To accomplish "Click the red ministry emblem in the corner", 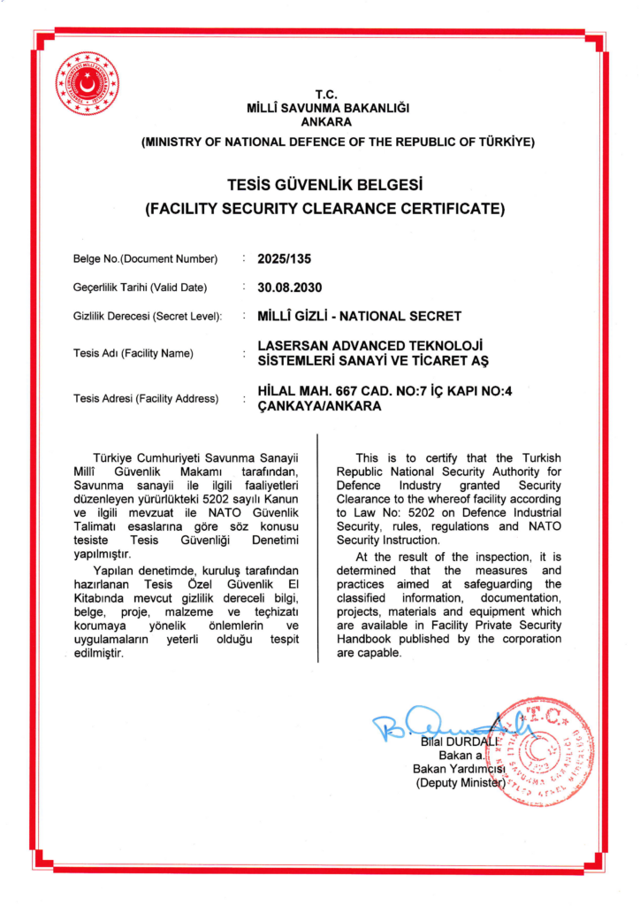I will tap(87, 84).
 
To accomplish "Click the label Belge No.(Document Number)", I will tap(145, 259).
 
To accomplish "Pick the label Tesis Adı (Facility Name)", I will tap(133, 353).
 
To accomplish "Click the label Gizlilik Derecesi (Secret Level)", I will tap(147, 316).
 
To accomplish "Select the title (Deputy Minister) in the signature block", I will tap(460, 783).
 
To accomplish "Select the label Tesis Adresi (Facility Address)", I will tap(145, 399).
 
